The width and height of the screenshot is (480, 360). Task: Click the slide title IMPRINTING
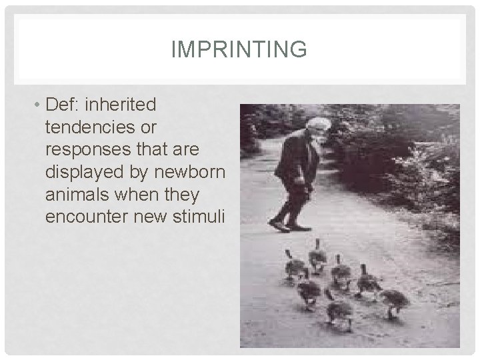pos(239,49)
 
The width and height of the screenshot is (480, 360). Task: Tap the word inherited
pos(123,105)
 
